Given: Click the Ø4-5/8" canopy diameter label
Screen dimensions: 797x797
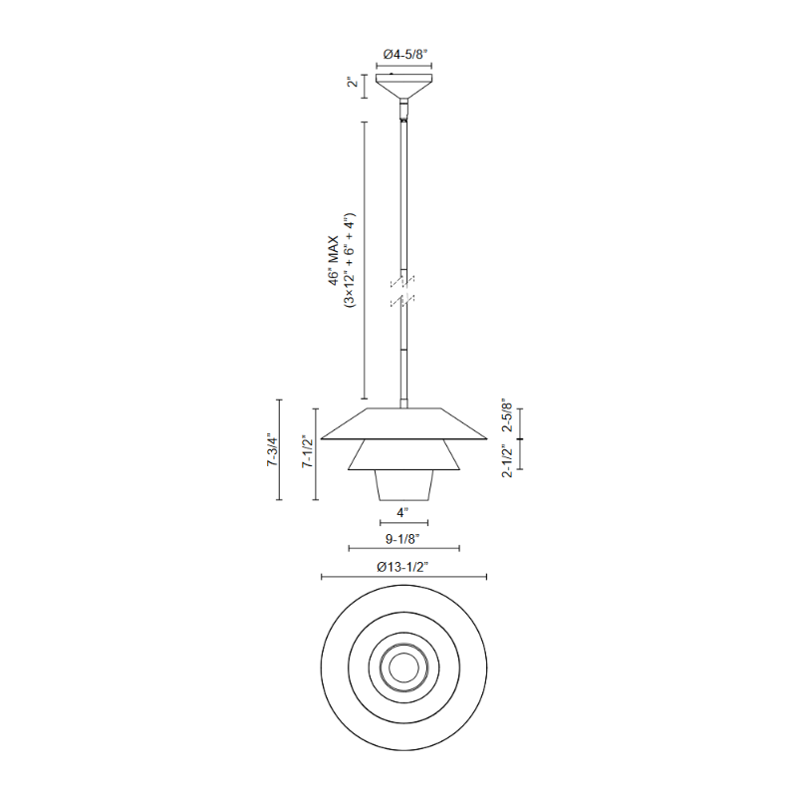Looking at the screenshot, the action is [403, 55].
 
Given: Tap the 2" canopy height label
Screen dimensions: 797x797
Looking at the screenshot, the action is [353, 82].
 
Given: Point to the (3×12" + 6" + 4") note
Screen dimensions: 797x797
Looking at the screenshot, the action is [350, 261].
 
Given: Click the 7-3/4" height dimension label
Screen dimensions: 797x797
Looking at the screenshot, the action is [273, 450].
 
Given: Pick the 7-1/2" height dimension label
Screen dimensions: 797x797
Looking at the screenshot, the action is [308, 451].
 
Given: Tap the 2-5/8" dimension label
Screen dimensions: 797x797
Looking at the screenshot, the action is [507, 415].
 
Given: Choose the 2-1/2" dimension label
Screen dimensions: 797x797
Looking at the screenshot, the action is [507, 460].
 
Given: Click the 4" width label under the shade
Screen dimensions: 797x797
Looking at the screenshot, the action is [403, 512].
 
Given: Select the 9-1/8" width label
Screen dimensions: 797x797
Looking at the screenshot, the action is [403, 539].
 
